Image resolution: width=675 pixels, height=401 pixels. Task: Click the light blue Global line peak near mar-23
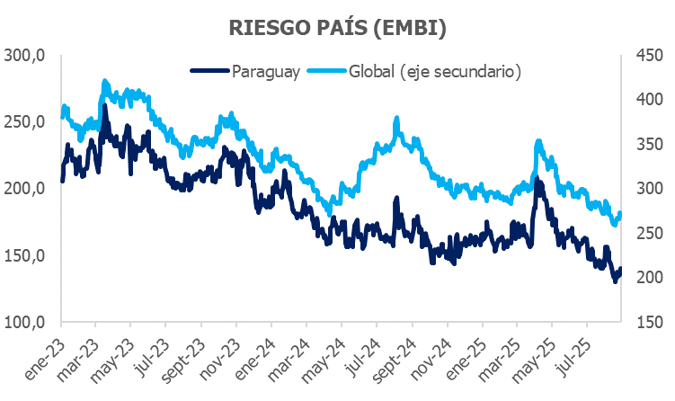click(x=105, y=82)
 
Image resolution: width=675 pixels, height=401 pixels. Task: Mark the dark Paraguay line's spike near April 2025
click(x=537, y=180)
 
